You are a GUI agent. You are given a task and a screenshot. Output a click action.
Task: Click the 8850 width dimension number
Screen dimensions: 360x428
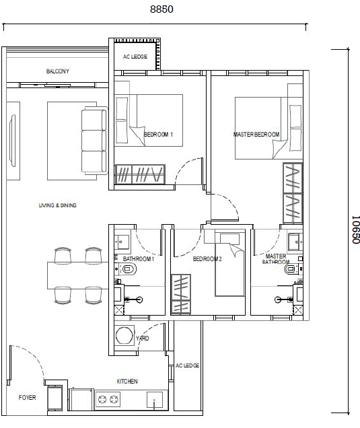pos(161,9)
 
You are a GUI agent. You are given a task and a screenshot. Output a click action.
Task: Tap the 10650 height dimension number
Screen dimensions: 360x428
pos(355,229)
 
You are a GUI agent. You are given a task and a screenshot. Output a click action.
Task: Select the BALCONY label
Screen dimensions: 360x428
pos(58,71)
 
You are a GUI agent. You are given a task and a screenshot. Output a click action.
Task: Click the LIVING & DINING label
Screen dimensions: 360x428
pos(58,205)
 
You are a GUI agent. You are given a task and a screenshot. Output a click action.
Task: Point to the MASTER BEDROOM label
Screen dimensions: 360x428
pos(256,135)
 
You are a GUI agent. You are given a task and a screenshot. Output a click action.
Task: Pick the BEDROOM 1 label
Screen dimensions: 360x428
pos(158,135)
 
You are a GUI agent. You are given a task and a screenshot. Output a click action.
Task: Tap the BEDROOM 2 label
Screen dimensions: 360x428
pos(207,259)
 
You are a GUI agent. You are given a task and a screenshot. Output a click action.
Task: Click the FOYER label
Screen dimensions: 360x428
pos(28,398)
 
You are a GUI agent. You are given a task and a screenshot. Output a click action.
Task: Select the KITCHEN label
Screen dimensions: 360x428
pos(127,382)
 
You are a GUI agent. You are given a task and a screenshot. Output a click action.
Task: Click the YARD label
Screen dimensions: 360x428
pos(143,338)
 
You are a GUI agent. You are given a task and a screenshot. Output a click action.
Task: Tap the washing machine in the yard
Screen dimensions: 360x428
pos(124,335)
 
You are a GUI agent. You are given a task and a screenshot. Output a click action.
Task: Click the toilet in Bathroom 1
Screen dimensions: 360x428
pos(127,269)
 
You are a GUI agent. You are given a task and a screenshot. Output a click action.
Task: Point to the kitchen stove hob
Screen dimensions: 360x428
pos(109,400)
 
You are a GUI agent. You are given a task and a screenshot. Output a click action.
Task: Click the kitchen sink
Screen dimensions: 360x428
pos(155,400)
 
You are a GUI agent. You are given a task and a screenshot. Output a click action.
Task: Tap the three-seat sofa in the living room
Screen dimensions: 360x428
pos(94,141)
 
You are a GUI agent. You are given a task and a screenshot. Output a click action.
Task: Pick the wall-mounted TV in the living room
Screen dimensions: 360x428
pos(13,141)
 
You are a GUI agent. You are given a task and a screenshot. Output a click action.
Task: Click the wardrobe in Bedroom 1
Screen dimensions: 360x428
pos(140,174)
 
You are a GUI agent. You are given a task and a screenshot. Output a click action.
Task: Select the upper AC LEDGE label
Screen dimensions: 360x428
pos(135,57)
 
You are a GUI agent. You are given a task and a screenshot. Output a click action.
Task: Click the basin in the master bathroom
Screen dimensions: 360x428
pos(295,242)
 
